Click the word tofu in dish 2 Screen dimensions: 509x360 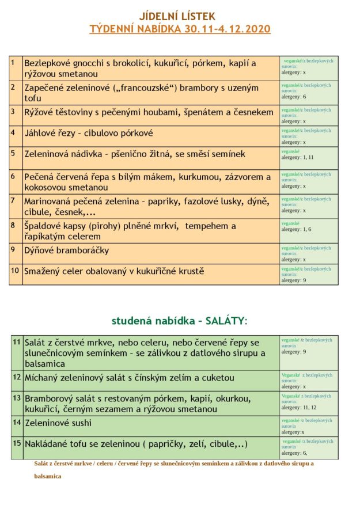pos(33,98)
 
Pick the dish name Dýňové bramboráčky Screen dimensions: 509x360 pos(66,250)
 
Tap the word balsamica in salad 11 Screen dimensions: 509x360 pos(45,364)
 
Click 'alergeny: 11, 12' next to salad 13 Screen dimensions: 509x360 pos(299,407)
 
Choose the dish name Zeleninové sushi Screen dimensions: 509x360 pos(58,423)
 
